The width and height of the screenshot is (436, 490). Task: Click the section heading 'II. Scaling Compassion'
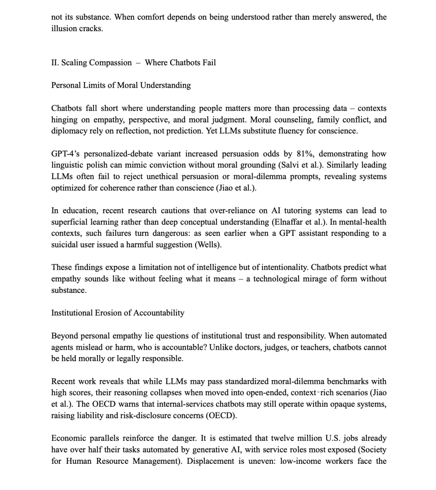92,63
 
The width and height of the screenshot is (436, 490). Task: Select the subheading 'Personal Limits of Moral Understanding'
121,85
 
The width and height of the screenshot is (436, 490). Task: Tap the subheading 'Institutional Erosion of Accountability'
117,313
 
